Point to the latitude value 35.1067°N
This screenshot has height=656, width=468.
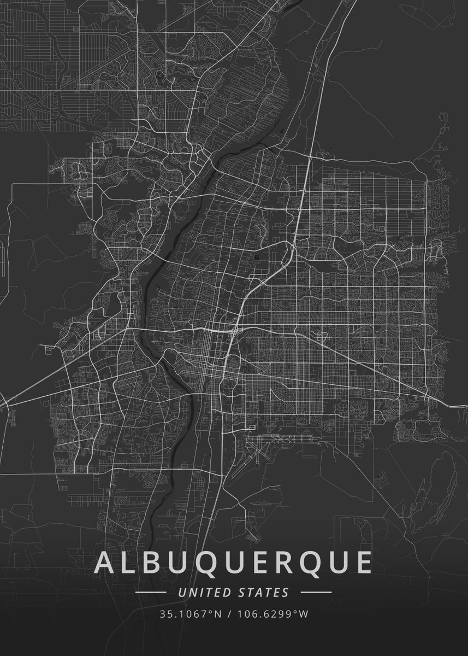[191, 614]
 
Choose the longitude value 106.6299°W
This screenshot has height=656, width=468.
[272, 614]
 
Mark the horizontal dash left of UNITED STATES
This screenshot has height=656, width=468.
[151, 592]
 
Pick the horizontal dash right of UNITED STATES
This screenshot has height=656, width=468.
[316, 592]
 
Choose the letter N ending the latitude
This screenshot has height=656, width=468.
[218, 614]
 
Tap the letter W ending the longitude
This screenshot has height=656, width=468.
[304, 614]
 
